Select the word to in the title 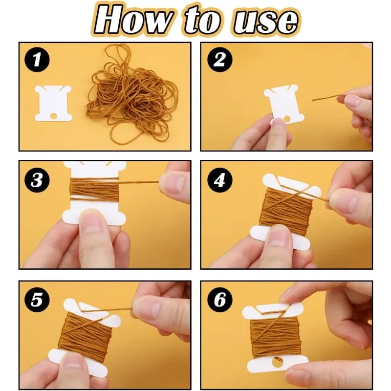point(202,21)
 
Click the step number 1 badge point(37,60)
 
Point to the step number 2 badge point(219,60)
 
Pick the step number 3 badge point(37,180)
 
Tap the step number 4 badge point(219,180)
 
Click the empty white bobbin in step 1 point(53,104)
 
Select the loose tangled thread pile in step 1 point(131,95)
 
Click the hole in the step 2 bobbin point(287,119)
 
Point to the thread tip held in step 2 point(313,100)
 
